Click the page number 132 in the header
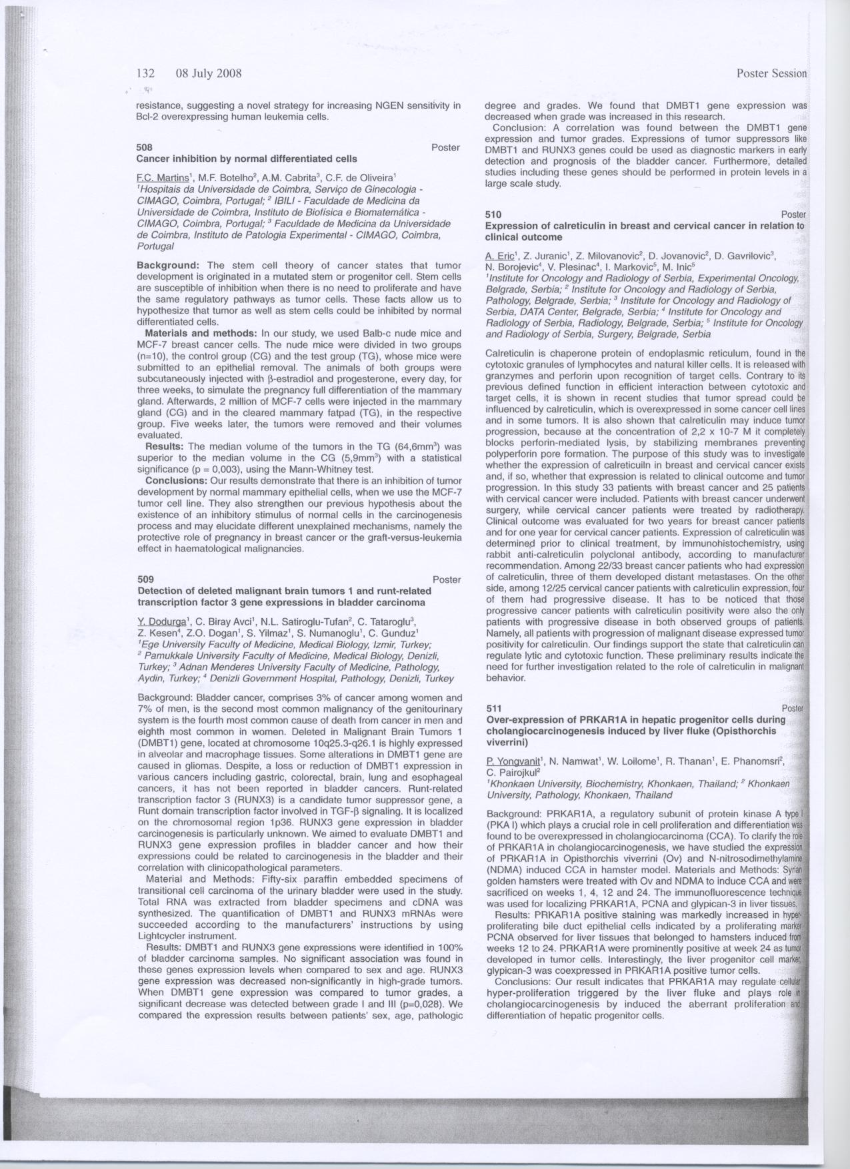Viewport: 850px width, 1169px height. (145, 73)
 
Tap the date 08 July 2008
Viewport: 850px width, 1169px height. (208, 73)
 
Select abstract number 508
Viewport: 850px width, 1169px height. (144, 147)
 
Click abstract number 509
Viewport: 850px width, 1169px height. (145, 580)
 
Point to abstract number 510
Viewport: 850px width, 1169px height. (493, 214)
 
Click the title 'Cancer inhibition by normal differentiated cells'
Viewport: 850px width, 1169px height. (247, 159)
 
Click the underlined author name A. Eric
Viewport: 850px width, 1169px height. (500, 256)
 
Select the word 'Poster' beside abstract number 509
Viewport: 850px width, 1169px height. (447, 580)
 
